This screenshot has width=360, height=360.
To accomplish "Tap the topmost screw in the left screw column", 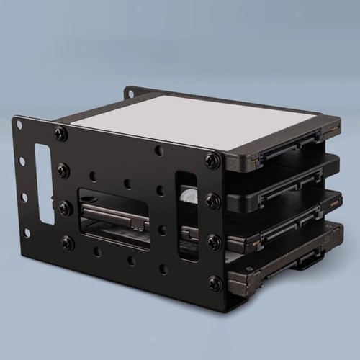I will (60, 133).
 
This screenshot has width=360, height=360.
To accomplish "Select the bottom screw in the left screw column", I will (68, 243).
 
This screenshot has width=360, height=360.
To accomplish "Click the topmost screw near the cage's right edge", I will (211, 160).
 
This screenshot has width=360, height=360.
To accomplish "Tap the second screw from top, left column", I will (63, 171).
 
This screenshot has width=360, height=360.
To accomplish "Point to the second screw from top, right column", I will (212, 200).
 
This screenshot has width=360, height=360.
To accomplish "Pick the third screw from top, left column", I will (66, 207).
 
